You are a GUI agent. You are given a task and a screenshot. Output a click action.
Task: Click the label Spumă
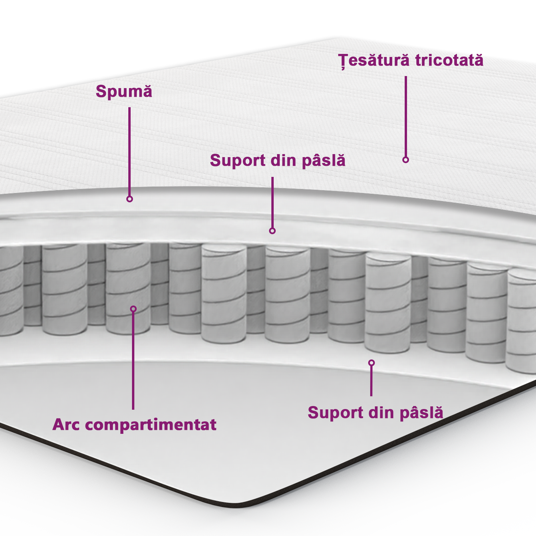(x=124, y=91)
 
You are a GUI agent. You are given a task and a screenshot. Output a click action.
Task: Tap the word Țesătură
(x=374, y=61)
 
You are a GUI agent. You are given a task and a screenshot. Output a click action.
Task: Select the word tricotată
(x=449, y=60)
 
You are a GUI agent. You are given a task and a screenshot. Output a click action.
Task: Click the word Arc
(x=66, y=425)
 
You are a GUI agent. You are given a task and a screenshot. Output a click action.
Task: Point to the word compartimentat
(x=150, y=425)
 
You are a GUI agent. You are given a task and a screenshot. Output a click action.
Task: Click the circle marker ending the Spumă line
(x=130, y=199)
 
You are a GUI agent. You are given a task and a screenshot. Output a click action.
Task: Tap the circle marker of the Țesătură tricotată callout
(x=406, y=160)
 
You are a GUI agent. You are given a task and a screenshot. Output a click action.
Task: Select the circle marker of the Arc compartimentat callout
(x=133, y=309)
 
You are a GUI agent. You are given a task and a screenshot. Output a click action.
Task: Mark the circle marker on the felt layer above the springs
(x=272, y=231)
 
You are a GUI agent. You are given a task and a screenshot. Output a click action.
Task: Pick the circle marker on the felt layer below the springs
(x=371, y=363)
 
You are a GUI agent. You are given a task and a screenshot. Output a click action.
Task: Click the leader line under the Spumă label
(x=129, y=151)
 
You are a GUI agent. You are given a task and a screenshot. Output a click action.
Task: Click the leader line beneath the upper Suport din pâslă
(x=272, y=203)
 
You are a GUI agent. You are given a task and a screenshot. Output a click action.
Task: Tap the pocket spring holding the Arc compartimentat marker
(x=128, y=288)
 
